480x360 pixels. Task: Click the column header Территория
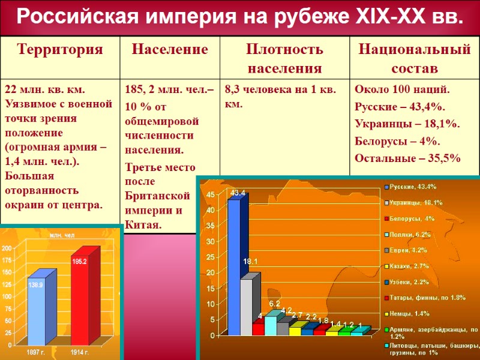[x=59, y=49]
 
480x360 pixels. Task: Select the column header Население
[x=170, y=49]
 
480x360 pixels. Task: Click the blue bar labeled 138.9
[x=37, y=312]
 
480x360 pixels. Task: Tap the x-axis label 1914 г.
[x=80, y=351]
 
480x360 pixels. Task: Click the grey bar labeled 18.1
[x=247, y=306]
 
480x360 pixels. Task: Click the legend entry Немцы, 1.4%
[x=410, y=314]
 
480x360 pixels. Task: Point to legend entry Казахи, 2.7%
[x=410, y=266]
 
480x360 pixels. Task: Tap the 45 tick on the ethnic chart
[x=209, y=196]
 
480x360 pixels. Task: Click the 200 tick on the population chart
[x=6, y=248]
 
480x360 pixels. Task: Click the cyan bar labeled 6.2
[x=271, y=325]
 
